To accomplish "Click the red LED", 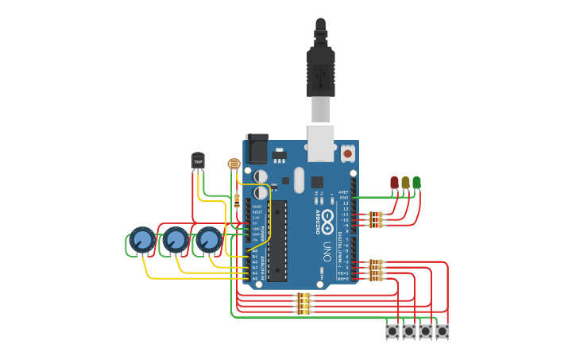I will pos(394,183).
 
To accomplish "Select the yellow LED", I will pos(405,183).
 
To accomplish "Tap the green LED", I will pos(416,183).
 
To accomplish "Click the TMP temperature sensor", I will pos(198,161).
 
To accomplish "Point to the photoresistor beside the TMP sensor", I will pos(234,165).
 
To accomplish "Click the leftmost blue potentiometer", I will pos(141,239).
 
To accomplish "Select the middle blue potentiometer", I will pos(175,239).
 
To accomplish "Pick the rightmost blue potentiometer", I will pos(208,239).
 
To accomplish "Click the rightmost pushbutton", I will pos(442,331).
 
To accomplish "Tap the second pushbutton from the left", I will pos(409,331).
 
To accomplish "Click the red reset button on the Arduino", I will pos(348,153).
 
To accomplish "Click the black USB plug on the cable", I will pos(320,72).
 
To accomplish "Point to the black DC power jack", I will pos(257,149).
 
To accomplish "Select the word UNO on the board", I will pos(327,253).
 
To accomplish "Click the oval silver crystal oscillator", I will pos(299,180).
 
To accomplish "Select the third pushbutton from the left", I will pos(426,331).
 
